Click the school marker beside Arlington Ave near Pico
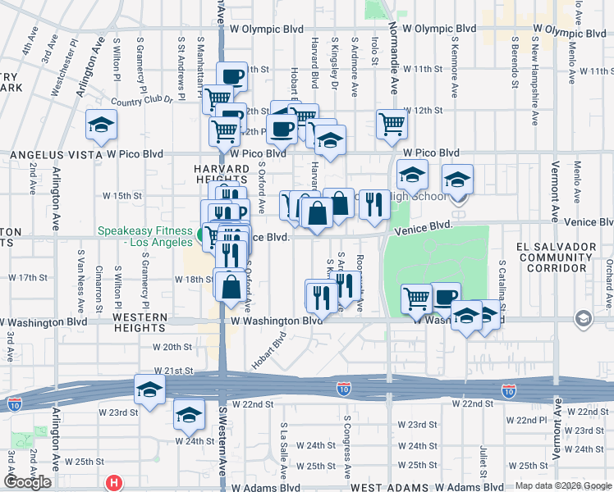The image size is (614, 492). click(x=102, y=125)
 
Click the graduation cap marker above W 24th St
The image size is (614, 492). click(x=189, y=416)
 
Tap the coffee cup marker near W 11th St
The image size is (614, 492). click(x=232, y=78)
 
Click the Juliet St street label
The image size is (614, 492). click(x=483, y=455)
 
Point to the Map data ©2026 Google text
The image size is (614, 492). click(x=563, y=485)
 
